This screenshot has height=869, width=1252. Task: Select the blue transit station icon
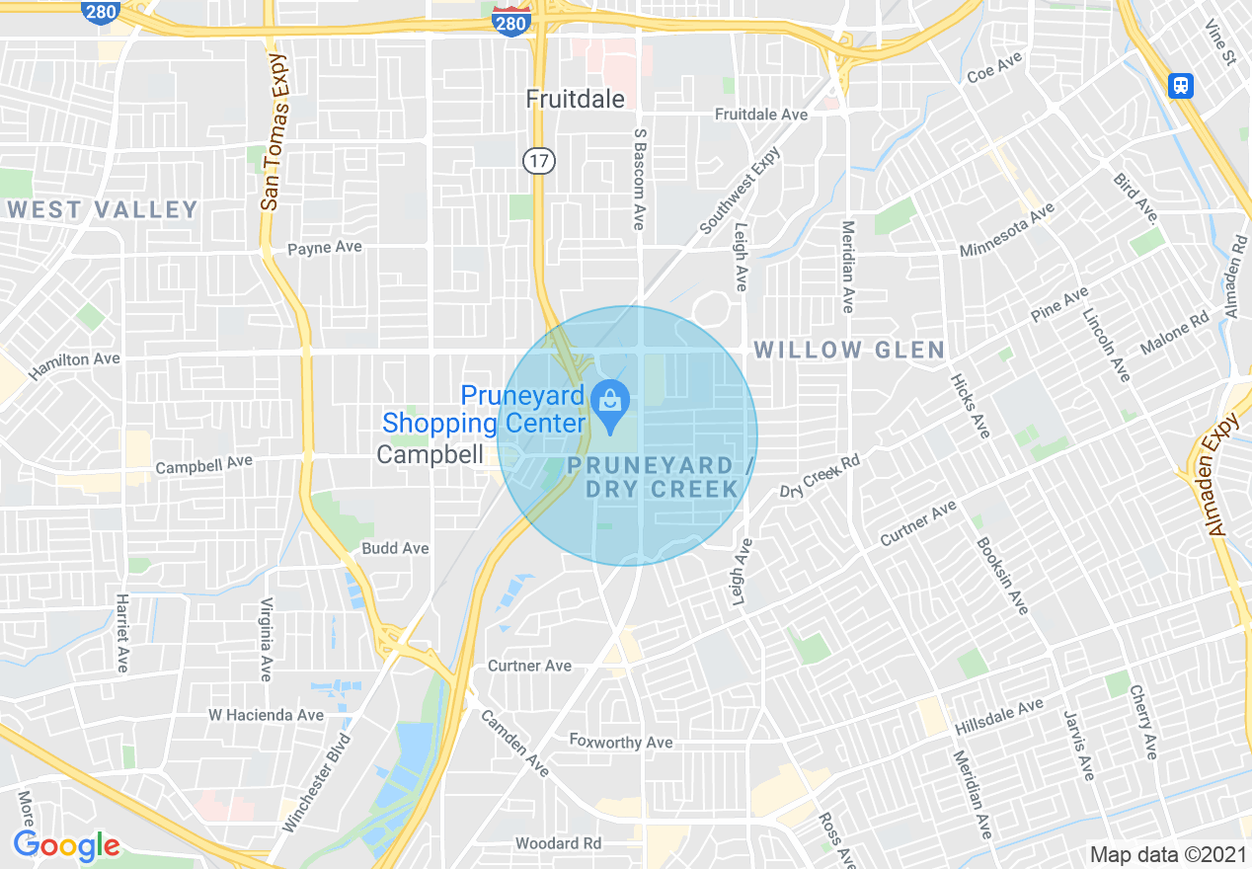(x=1180, y=86)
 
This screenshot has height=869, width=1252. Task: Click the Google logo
(x=66, y=845)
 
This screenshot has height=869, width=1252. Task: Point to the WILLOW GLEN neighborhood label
(x=849, y=350)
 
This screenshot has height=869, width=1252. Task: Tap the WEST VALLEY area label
(x=103, y=209)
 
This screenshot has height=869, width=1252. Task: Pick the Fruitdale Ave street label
(x=760, y=115)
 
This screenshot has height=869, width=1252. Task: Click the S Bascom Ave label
(x=640, y=179)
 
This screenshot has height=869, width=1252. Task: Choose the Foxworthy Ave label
(x=621, y=742)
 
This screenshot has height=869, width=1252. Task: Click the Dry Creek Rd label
(x=821, y=476)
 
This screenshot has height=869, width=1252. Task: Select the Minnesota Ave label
(x=1007, y=229)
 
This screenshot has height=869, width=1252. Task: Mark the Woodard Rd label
(x=558, y=843)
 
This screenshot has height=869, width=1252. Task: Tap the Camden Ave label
(x=514, y=744)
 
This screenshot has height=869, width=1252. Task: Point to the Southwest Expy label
(x=741, y=191)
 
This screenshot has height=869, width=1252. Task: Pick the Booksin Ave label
(x=1002, y=576)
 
